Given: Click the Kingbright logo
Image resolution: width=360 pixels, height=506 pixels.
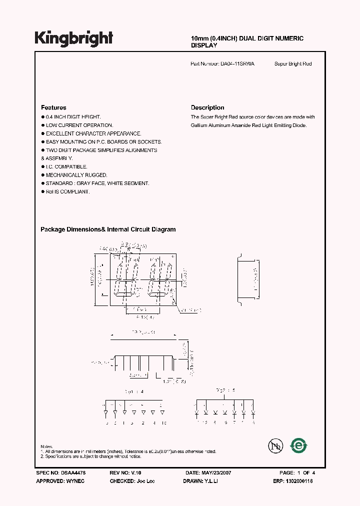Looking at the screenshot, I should [x=73, y=38].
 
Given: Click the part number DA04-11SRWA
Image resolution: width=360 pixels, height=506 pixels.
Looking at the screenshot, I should [x=237, y=64].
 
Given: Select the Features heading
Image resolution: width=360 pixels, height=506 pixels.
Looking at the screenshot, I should [x=53, y=107].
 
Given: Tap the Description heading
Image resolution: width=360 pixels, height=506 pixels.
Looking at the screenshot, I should [x=207, y=107].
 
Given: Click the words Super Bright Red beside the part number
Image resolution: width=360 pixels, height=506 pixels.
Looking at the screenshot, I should [x=293, y=64].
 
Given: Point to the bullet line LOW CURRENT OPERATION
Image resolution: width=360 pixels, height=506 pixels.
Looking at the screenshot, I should [x=79, y=125].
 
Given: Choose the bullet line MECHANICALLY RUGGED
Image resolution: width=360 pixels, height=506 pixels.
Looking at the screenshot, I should [x=76, y=175].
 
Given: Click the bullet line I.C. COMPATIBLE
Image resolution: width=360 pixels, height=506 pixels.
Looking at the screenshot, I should [x=66, y=166].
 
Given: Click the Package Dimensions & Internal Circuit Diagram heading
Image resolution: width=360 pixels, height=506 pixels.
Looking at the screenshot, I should [x=108, y=229].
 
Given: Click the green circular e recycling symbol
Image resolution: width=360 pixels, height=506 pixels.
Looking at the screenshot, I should [x=299, y=446].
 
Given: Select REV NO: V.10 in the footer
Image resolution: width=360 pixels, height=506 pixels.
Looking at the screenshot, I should [x=125, y=472].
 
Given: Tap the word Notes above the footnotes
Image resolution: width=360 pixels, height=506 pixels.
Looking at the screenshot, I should [x=46, y=446].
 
